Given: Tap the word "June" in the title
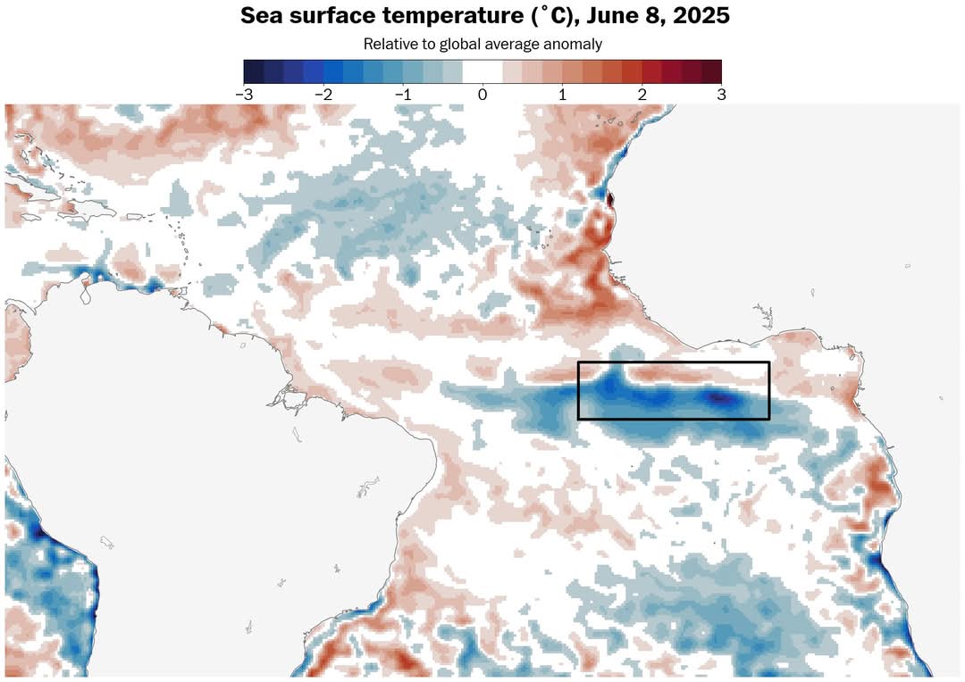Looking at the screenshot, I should (590, 17).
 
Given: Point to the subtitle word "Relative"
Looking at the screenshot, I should (389, 44).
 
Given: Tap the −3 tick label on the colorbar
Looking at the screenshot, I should (243, 94).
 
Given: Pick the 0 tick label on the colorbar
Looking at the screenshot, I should (482, 94).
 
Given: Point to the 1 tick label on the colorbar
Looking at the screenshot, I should (562, 94).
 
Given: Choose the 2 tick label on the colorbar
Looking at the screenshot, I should (642, 94).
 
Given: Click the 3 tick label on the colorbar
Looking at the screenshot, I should (721, 94).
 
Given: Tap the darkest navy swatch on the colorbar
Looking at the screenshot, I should (253, 71).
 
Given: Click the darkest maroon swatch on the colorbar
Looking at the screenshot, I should (711, 71).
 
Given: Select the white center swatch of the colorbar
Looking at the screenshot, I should (482, 71).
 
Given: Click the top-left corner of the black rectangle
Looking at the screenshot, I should (579, 362).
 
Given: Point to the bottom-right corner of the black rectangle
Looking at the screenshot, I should (769, 419).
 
